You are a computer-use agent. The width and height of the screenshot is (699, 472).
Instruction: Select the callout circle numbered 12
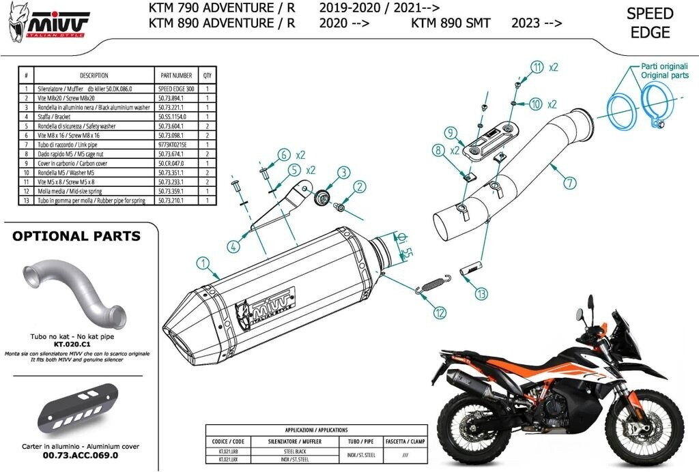click(438, 312)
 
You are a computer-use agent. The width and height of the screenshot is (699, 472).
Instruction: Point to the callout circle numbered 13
click(482, 294)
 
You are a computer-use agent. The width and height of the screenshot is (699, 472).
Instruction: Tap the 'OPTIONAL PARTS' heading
click(77, 237)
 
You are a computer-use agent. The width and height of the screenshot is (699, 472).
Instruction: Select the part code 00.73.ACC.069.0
click(81, 454)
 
